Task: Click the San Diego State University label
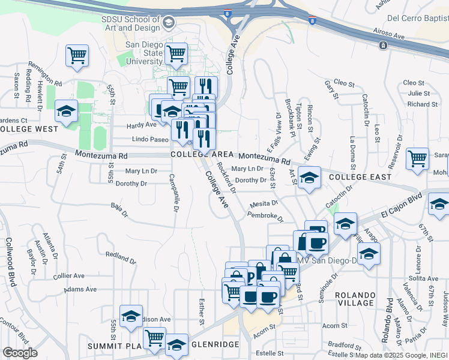(144, 53)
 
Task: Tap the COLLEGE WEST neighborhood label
(29, 128)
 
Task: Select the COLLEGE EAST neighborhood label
(360, 177)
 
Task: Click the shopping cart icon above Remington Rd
(77, 56)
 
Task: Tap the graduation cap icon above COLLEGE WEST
(67, 111)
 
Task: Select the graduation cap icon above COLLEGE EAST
(309, 178)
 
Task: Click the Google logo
(20, 353)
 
